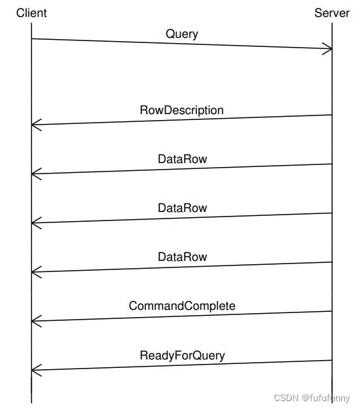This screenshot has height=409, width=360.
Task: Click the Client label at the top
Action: tap(31, 13)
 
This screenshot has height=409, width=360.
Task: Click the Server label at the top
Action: tap(332, 13)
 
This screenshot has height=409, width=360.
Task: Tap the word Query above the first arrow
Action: tap(182, 34)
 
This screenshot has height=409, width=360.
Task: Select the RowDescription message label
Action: tap(182, 110)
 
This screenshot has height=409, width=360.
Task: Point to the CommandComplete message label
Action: tap(182, 306)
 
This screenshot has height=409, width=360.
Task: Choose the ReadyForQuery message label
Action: tap(182, 356)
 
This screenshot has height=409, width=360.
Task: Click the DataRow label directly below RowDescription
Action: tap(182, 159)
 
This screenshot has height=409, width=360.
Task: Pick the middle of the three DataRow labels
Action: tap(182, 208)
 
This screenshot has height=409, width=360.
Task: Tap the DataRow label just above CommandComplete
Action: tap(182, 257)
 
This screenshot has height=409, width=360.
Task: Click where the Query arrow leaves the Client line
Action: tap(31, 39)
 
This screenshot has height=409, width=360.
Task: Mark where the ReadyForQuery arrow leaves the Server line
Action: tap(332, 361)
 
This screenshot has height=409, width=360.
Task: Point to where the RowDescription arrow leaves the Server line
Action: tap(332, 115)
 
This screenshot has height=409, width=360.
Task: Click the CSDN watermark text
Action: tap(286, 398)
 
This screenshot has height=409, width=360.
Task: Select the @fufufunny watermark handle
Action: tap(326, 399)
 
